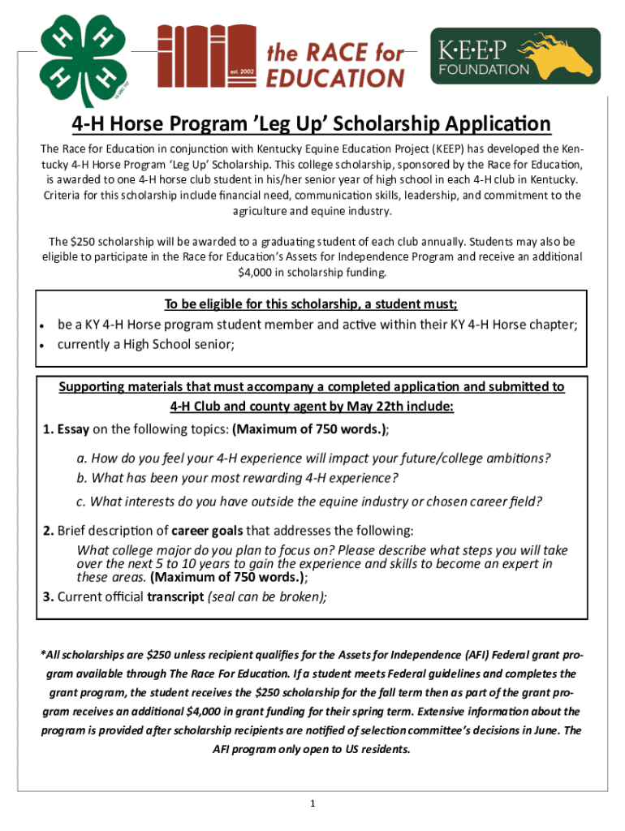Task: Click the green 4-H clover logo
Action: pyautogui.click(x=79, y=58)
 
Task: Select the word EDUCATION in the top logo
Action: pyautogui.click(x=335, y=77)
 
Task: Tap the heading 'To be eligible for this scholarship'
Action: pyautogui.click(x=311, y=305)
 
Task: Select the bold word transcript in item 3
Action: pyautogui.click(x=175, y=598)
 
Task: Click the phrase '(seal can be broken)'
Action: pyautogui.click(x=268, y=598)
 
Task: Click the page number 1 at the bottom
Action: pyautogui.click(x=312, y=803)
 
